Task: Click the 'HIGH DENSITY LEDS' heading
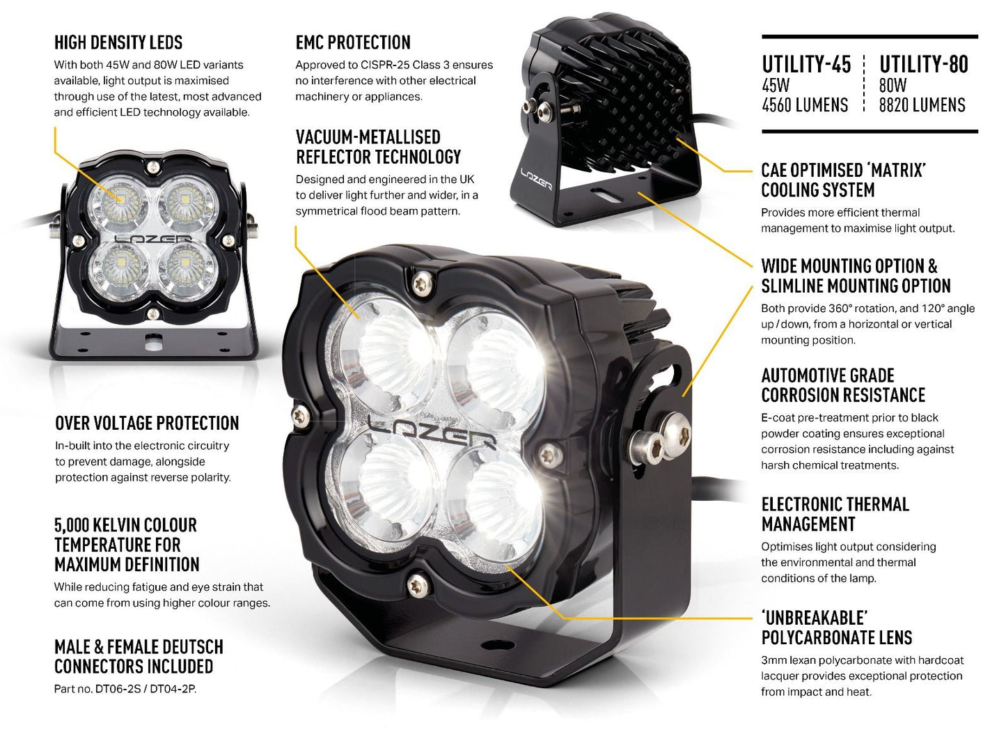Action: tap(118, 42)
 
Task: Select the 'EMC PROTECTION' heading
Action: tap(353, 42)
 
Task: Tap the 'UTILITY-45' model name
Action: tap(806, 65)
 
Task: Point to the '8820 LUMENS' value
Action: tap(922, 105)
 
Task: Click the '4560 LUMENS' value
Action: tap(805, 105)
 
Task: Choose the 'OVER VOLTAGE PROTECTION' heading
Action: tap(147, 423)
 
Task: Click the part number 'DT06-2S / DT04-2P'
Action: tap(145, 689)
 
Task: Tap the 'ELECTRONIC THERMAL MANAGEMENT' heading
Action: tap(835, 514)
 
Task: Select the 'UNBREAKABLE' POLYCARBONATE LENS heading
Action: tap(836, 628)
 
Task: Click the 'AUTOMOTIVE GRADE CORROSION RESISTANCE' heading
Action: tap(842, 385)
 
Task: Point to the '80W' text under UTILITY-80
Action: tap(893, 86)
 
